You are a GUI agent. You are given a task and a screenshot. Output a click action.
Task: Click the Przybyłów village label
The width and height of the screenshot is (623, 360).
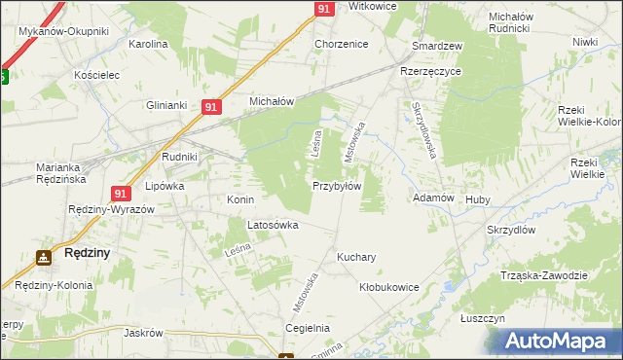click(x=337, y=186)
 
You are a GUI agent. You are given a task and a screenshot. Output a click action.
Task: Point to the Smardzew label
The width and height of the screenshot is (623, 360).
click(x=437, y=46)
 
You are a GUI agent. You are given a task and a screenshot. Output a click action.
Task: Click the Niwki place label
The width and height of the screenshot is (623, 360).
click(x=585, y=42)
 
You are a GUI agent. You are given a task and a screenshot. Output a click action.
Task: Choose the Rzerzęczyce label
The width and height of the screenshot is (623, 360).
click(x=428, y=71)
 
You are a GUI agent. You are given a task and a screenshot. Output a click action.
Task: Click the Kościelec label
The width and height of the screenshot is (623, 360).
click(x=96, y=74)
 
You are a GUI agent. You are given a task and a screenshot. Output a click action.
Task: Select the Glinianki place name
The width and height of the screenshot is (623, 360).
click(x=165, y=105)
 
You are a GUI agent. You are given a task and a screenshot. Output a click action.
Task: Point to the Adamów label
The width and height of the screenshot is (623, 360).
click(x=434, y=198)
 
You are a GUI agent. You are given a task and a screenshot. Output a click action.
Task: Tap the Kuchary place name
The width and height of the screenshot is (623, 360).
click(x=356, y=258)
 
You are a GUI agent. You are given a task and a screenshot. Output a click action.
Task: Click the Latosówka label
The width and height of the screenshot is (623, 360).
click(x=273, y=225)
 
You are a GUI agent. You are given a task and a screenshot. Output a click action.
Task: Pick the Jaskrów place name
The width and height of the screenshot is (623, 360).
click(x=142, y=332)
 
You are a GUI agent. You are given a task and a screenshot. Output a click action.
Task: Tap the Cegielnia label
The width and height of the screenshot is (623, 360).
click(x=307, y=329)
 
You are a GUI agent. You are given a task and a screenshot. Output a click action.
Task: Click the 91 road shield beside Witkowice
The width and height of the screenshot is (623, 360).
click(x=326, y=8)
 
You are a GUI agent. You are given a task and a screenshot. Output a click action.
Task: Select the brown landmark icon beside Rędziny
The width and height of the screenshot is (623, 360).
click(x=44, y=258)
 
